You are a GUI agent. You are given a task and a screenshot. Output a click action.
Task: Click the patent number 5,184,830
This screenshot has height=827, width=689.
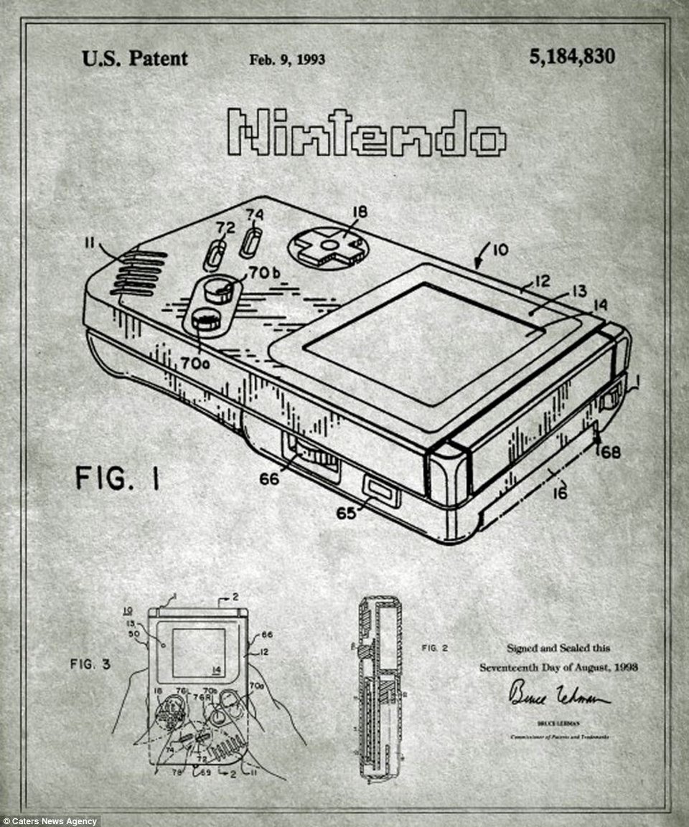click(x=571, y=57)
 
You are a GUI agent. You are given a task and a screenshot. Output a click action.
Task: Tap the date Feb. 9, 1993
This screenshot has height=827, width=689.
click(x=287, y=60)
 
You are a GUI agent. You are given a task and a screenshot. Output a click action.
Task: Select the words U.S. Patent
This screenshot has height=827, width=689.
click(x=135, y=58)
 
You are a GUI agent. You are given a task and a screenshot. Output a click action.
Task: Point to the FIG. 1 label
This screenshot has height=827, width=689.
click(x=118, y=478)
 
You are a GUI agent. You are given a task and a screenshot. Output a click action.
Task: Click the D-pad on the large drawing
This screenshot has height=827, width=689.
click(x=329, y=247)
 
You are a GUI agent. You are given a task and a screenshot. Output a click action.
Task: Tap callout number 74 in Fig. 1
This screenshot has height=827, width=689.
click(x=255, y=214)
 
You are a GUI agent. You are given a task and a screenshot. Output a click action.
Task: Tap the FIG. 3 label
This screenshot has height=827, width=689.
click(x=90, y=664)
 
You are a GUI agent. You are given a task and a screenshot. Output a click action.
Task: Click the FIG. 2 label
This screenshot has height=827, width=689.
click(x=435, y=648)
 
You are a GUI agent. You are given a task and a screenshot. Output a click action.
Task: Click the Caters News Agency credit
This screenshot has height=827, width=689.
click(x=50, y=821)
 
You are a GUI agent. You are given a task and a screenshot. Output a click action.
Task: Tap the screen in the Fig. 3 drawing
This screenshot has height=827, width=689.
click(x=198, y=653)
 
